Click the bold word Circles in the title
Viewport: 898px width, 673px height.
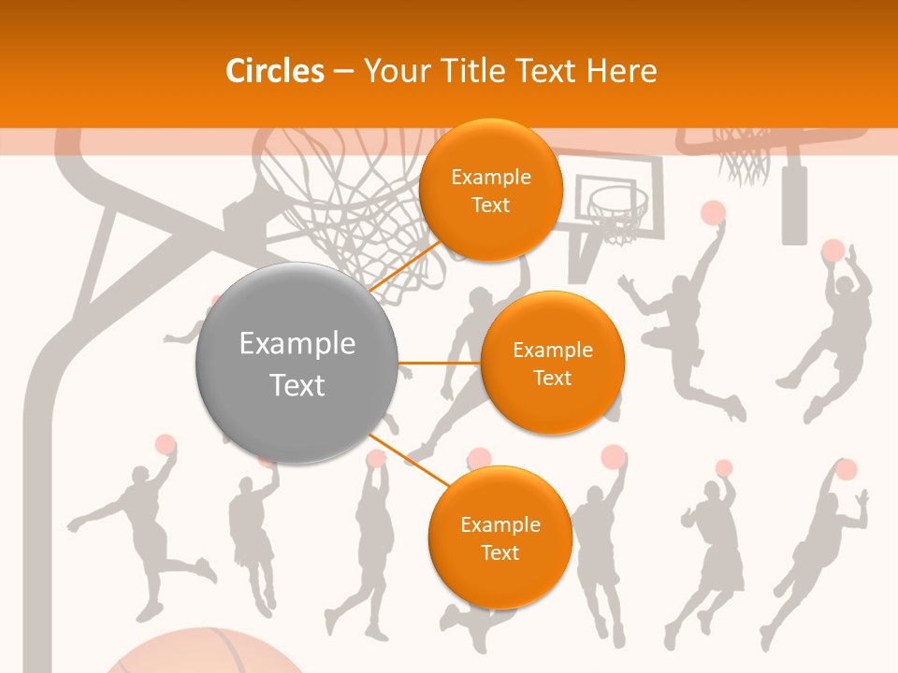tap(274, 71)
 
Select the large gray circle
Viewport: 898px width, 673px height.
tap(297, 363)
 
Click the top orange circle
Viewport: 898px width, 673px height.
tap(490, 189)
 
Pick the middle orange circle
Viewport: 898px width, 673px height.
tap(552, 363)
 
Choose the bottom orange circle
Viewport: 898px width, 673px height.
tap(500, 537)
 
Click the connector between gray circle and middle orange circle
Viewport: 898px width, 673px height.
tap(439, 363)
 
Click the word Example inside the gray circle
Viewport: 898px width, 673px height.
tap(297, 344)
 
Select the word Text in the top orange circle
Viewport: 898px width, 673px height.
tap(490, 205)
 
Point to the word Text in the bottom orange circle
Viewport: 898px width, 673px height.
tap(500, 552)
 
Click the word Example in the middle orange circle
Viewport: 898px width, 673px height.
tap(552, 351)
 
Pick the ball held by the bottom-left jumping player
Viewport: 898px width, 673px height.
tap(166, 444)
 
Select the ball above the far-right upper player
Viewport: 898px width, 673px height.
tap(833, 251)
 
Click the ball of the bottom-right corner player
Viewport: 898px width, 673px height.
tap(846, 469)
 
